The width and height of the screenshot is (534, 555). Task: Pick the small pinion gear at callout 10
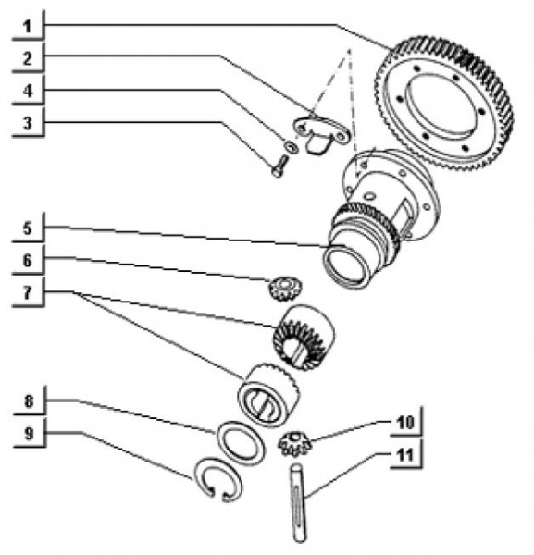pos(295,443)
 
